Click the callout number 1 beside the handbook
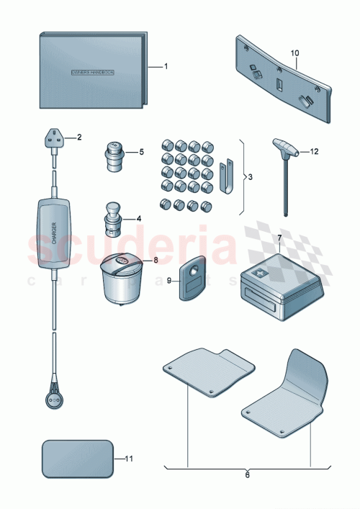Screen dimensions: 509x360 [x=166, y=66]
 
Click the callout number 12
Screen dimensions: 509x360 [x=314, y=152]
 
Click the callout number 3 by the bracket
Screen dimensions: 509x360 [x=248, y=176]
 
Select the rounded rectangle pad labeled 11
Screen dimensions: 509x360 [x=78, y=459]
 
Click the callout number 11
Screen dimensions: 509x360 [x=130, y=459]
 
